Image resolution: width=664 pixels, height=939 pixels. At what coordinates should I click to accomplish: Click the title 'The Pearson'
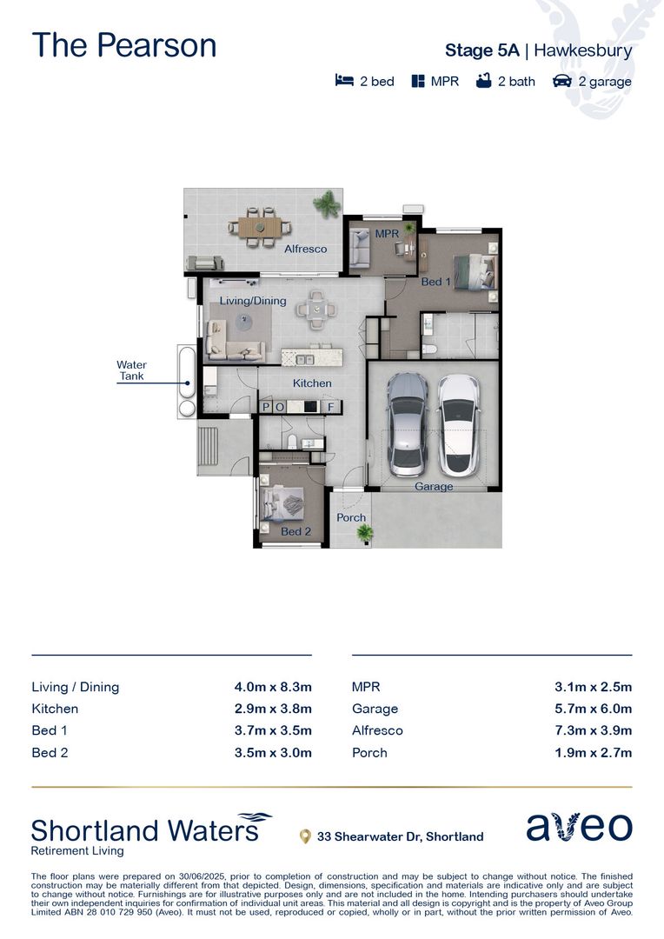124,45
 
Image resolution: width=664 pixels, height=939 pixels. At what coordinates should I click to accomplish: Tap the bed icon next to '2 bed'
344,81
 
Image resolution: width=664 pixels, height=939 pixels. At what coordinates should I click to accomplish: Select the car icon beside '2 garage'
562,81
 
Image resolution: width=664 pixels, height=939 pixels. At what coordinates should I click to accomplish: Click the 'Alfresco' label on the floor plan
306,249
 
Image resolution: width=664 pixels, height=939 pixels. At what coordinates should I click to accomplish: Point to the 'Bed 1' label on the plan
435,282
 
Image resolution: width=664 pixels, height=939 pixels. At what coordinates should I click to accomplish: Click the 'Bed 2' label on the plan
295,531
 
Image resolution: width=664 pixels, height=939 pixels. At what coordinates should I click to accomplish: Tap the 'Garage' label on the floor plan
433,487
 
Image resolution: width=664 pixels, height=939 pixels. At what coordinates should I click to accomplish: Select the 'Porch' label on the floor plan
351,517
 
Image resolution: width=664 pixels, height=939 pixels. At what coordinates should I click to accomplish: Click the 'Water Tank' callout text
132,370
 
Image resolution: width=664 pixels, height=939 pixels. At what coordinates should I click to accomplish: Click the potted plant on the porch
364,532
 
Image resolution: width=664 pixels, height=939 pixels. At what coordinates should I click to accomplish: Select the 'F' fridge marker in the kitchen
330,406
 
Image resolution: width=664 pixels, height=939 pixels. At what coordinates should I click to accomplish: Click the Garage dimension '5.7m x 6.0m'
593,709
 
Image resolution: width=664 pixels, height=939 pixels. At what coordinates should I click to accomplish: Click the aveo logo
579,827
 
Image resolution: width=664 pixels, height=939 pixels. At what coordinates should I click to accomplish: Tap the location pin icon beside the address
304,836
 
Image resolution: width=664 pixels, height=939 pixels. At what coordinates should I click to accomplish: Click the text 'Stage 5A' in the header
481,50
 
